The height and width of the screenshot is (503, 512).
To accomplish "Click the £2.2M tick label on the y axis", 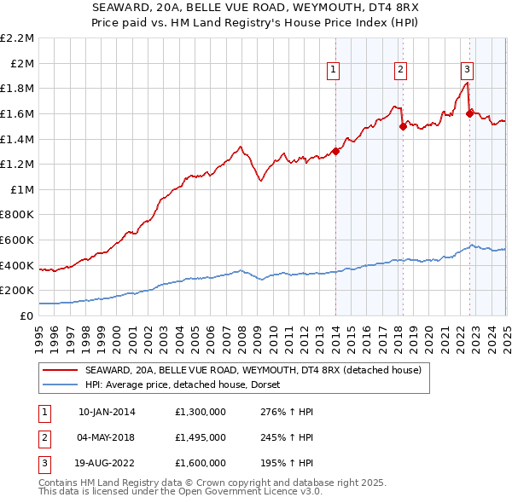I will [18, 38].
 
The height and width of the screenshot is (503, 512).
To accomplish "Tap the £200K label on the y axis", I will [18, 291].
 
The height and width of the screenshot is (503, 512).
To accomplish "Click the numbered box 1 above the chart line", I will [333, 71].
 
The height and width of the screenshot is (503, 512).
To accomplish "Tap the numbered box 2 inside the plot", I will [400, 71].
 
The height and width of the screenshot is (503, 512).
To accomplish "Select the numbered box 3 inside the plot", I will [468, 71].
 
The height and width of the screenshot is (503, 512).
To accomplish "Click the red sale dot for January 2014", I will [336, 152].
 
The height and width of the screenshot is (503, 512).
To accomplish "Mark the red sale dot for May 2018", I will [403, 127].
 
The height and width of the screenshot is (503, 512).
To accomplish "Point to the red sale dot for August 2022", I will [470, 113].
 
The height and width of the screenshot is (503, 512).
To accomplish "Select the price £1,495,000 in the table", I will [199, 437].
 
